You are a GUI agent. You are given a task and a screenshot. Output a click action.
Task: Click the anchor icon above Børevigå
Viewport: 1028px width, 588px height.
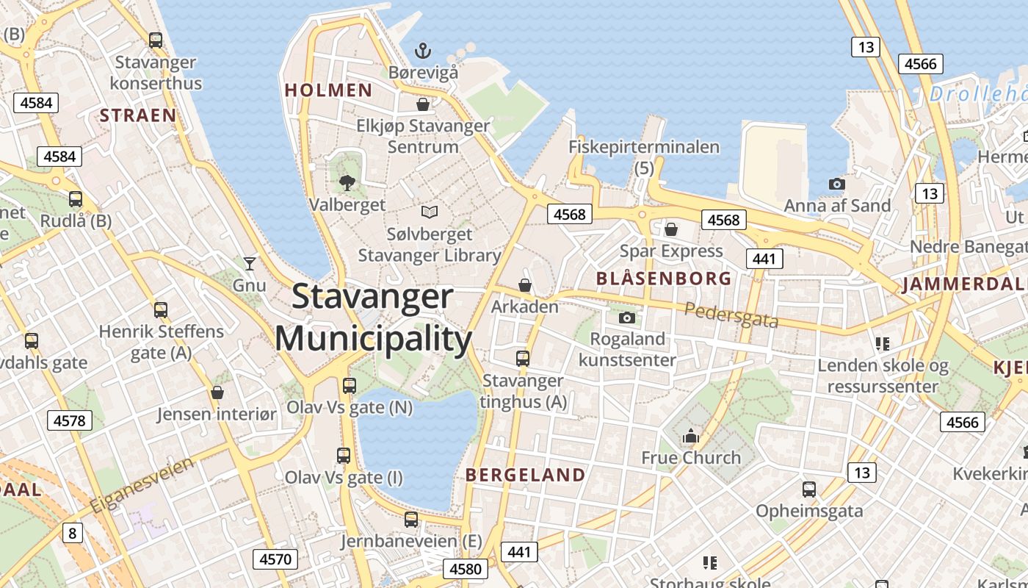click(x=422, y=51)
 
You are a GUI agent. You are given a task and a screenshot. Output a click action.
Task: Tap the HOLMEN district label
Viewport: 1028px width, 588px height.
click(x=328, y=90)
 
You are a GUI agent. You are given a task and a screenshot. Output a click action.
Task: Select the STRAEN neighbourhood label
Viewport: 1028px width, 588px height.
click(x=138, y=115)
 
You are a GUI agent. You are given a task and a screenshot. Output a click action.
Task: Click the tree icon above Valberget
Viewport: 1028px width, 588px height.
click(x=347, y=182)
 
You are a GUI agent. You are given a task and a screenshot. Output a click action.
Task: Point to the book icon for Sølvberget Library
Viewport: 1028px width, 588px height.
click(x=430, y=212)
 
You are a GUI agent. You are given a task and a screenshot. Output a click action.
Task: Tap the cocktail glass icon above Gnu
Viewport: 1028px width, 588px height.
click(x=250, y=262)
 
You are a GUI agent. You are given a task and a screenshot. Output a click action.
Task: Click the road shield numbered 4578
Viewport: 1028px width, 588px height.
click(x=70, y=421)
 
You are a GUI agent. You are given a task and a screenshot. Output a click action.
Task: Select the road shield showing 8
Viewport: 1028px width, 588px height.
click(x=72, y=532)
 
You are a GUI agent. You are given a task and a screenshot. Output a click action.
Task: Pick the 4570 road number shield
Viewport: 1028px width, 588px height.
click(x=276, y=559)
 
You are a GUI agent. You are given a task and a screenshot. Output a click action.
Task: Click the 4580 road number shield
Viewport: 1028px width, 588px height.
click(x=466, y=569)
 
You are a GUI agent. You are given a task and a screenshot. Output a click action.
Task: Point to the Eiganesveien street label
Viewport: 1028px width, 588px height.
click(x=142, y=486)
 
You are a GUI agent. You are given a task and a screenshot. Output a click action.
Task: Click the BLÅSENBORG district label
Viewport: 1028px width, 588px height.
click(x=664, y=279)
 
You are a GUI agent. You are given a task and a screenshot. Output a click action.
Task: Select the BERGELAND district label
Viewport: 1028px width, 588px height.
click(x=526, y=475)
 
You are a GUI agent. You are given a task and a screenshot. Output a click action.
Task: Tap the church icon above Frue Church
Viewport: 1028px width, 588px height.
click(x=690, y=437)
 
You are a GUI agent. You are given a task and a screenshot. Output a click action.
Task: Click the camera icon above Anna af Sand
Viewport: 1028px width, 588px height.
click(x=836, y=184)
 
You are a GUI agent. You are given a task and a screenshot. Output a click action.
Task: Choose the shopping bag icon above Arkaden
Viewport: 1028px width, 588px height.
click(x=525, y=284)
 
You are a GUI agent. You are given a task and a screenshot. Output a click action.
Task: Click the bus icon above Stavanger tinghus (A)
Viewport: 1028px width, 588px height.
click(x=523, y=359)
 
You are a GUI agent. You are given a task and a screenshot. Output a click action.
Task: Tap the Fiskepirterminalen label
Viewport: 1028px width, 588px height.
click(x=644, y=147)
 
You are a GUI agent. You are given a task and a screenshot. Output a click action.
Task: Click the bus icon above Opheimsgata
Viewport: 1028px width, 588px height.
click(x=808, y=489)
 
